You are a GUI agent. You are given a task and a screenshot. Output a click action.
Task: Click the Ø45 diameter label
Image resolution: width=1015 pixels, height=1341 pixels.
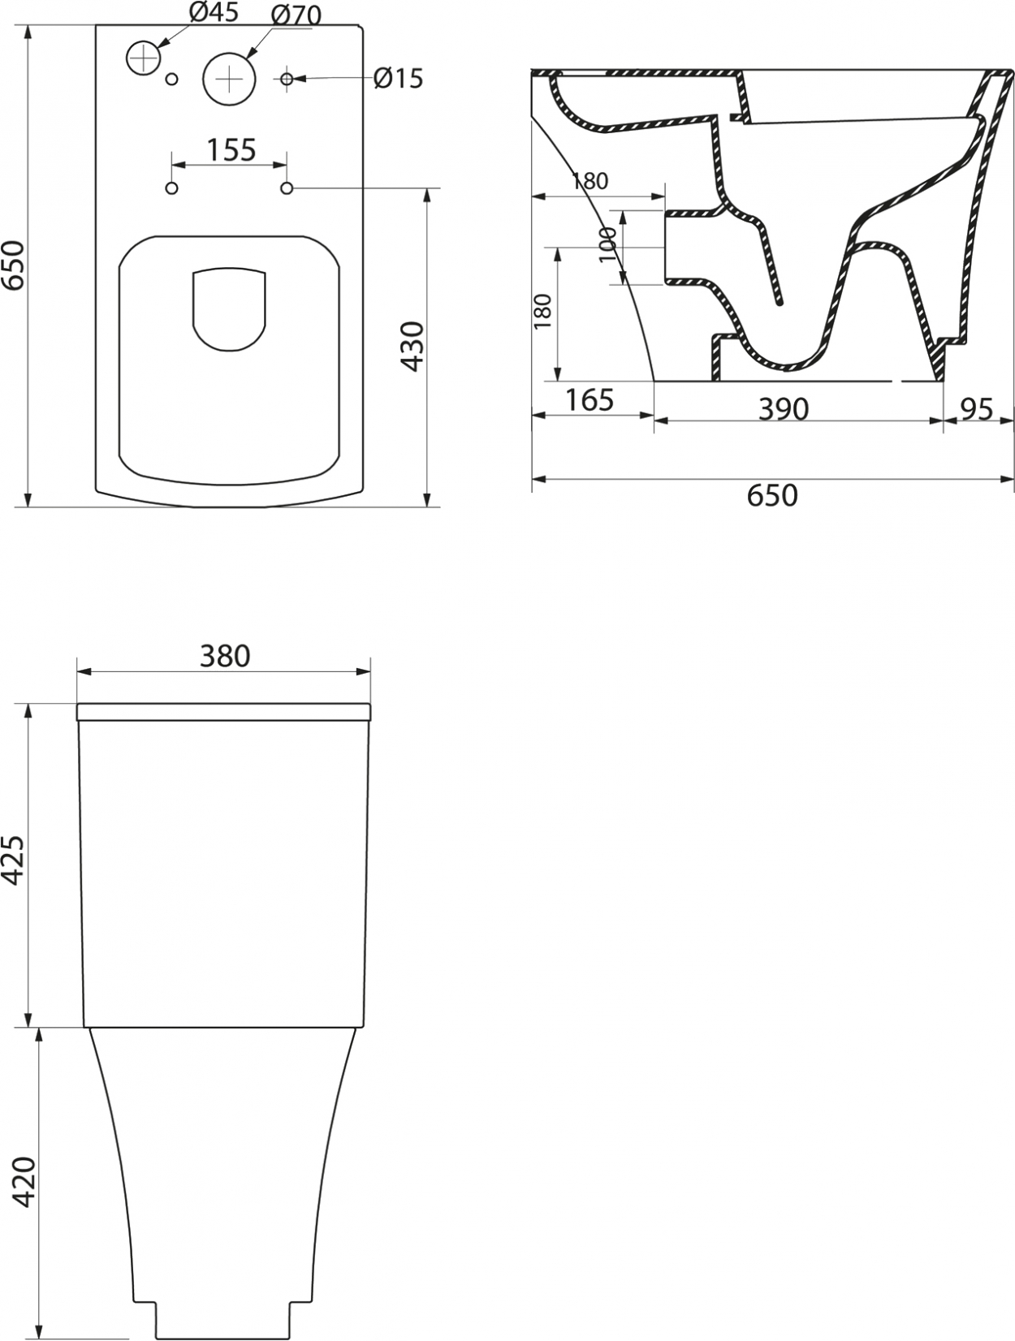click(x=214, y=13)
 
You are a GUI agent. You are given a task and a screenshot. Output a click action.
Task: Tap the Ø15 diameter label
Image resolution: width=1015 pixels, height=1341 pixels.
click(x=399, y=78)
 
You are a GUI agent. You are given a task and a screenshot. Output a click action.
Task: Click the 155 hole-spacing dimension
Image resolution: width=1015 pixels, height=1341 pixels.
click(x=231, y=150)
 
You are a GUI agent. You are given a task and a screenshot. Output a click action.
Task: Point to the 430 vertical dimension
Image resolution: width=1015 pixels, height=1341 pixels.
click(x=413, y=347)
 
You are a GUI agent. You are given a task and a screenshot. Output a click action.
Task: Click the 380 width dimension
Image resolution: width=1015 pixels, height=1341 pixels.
click(x=225, y=656)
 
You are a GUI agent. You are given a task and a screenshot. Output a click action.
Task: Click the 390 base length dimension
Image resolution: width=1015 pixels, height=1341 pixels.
click(x=784, y=410)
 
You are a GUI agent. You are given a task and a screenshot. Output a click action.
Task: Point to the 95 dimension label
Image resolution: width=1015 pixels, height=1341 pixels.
click(x=977, y=409)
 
